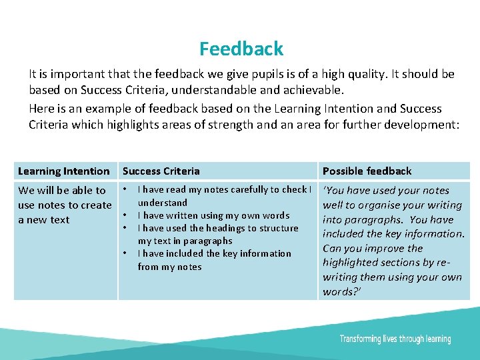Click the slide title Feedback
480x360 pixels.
tap(241, 49)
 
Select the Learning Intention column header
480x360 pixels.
tap(63, 171)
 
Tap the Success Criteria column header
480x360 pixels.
tap(161, 171)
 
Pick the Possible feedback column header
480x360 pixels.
tap(367, 171)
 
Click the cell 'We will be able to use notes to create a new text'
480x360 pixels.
tap(64, 205)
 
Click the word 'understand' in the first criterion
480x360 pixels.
tap(162, 203)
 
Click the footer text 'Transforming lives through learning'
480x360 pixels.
tap(395, 339)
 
